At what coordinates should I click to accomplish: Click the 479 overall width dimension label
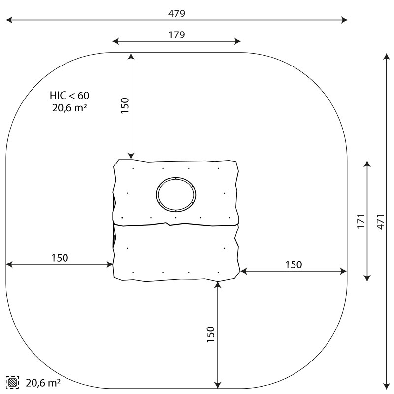point(177,14)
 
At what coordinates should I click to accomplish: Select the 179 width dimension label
point(177,34)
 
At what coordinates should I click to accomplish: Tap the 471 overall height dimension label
point(381,221)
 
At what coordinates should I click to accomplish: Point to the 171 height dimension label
point(361,221)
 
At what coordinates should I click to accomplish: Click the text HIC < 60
point(69,96)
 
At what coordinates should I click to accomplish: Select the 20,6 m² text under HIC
point(69,108)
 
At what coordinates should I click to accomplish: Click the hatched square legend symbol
point(12,383)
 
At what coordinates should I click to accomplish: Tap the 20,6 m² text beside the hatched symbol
point(43,383)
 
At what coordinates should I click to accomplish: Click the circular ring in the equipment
point(176,178)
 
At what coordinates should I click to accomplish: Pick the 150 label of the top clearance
point(125,106)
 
